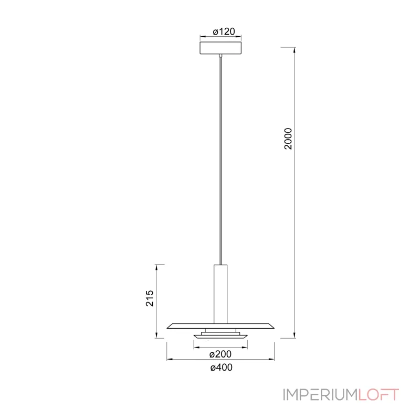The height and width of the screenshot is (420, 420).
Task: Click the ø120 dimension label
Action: [224, 31]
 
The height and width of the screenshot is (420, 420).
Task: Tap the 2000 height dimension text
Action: [288, 139]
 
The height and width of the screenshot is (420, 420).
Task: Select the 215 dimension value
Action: [150, 298]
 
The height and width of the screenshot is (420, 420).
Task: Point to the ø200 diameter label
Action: [220, 354]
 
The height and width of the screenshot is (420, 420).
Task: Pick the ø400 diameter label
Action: [221, 367]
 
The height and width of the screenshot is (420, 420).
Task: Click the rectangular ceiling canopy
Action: [220, 48]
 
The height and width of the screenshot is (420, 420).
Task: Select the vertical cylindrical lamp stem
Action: [220, 294]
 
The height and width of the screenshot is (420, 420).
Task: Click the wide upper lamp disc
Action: [220, 326]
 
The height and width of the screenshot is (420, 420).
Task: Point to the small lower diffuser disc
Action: [220, 337]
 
